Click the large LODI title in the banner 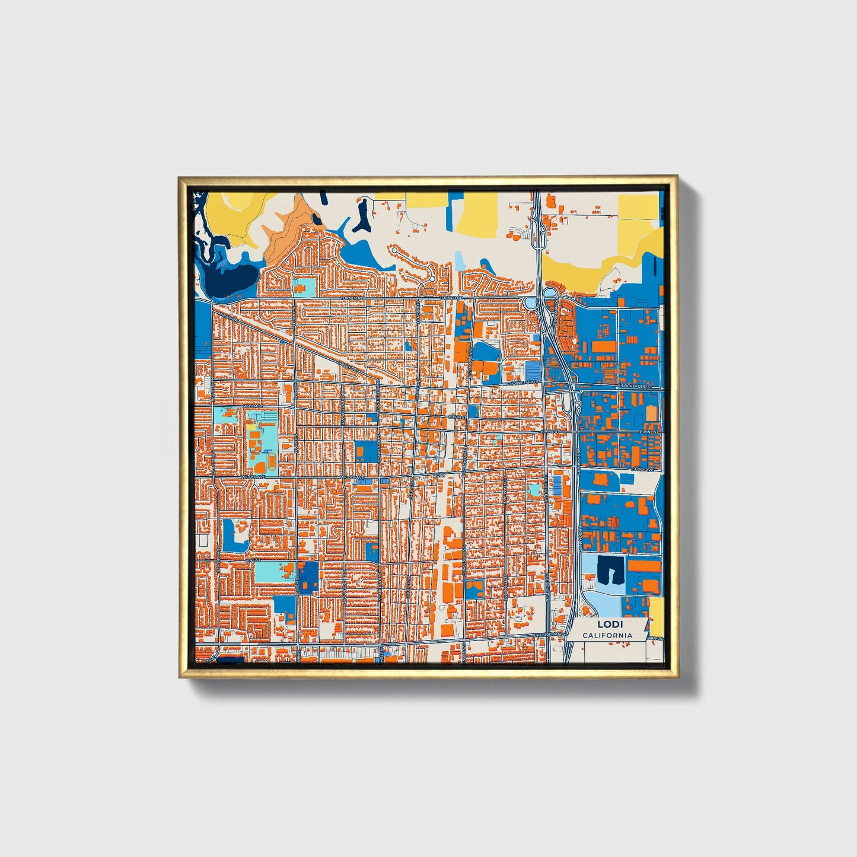coord(606,624)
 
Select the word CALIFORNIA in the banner coord(607,635)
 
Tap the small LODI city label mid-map coord(439,475)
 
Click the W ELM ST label coord(252,406)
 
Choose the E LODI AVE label coord(642,469)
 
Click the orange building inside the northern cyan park coord(302,288)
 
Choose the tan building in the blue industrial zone coord(651,413)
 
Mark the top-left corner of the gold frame coord(180,177)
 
